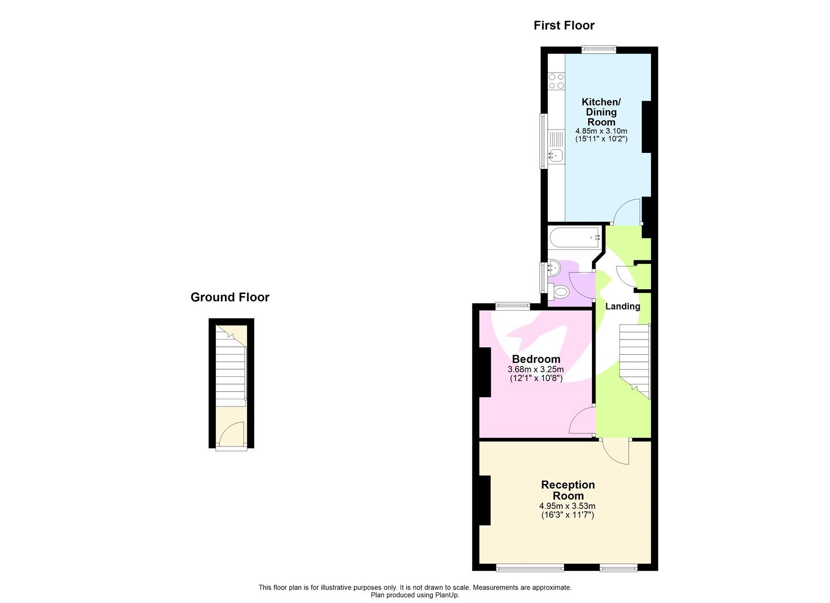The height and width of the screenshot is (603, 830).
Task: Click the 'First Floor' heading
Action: (564, 25)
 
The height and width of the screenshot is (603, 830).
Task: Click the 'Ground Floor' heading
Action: (230, 297)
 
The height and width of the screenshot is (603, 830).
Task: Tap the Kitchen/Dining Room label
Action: (601, 112)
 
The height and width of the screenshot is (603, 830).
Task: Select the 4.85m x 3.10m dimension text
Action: (601, 131)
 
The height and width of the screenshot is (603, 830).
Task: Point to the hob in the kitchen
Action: (557, 81)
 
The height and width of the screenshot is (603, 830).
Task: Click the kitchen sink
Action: (556, 154)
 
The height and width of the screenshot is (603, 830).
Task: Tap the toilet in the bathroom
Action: (559, 292)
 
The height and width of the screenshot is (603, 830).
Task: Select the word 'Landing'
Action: (622, 306)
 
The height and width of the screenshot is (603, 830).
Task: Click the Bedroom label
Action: (536, 359)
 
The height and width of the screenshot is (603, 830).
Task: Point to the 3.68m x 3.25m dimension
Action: (536, 369)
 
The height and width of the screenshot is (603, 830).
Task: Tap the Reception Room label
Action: (568, 490)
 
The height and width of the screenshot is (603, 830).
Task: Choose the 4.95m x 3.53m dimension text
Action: (567, 506)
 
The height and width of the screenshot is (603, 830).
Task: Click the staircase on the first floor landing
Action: (634, 358)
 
